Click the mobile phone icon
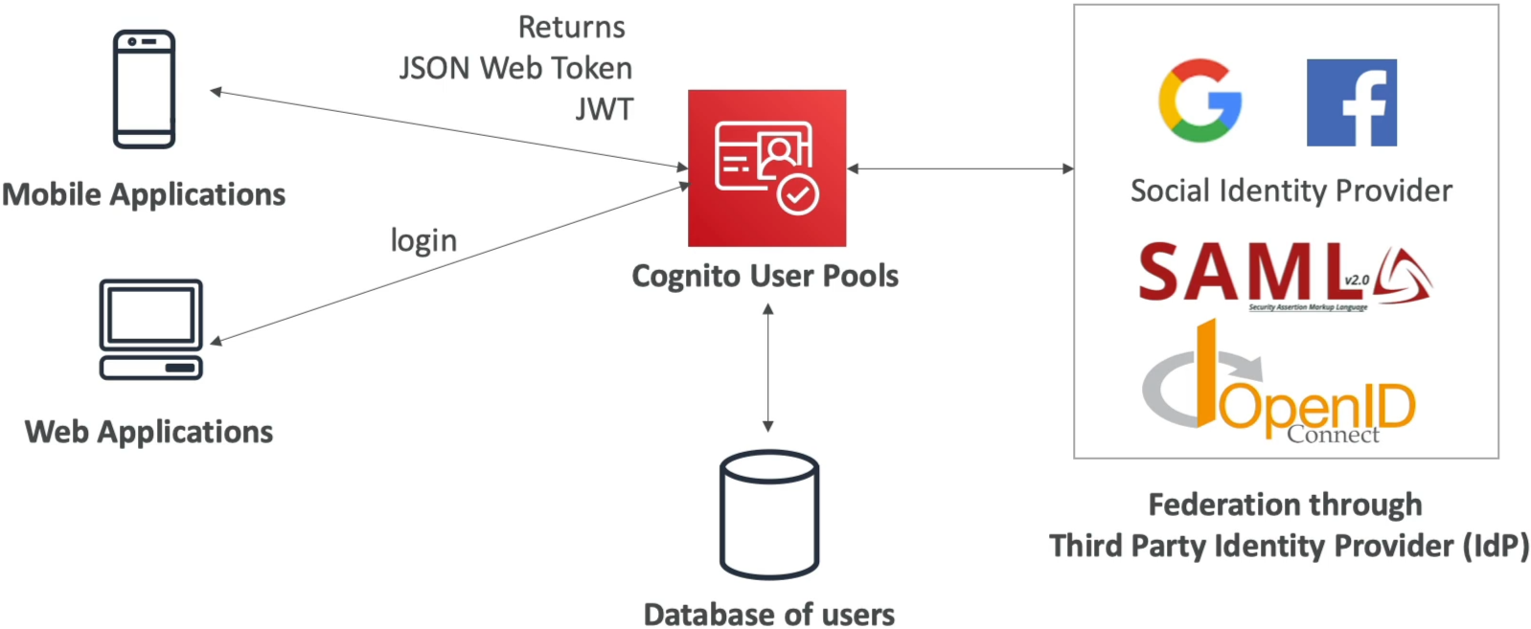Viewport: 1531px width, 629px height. pyautogui.click(x=145, y=89)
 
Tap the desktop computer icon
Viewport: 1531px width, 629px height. pyautogui.click(x=151, y=329)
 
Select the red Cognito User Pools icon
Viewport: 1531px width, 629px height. pyautogui.click(x=766, y=168)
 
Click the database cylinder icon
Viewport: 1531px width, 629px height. pyautogui.click(x=769, y=514)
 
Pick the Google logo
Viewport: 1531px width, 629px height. pyautogui.click(x=1200, y=101)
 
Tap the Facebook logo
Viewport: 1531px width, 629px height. pyautogui.click(x=1351, y=102)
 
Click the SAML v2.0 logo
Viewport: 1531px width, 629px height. pyautogui.click(x=1285, y=277)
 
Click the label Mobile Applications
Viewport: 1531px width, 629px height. pyautogui.click(x=144, y=194)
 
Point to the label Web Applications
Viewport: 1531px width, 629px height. pyautogui.click(x=149, y=433)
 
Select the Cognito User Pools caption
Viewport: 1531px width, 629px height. pyautogui.click(x=765, y=276)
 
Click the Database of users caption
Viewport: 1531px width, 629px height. pyautogui.click(x=769, y=614)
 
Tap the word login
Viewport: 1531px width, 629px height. pyautogui.click(x=423, y=241)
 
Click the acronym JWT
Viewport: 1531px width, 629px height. pyautogui.click(x=605, y=109)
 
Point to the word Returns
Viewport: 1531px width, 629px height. pyautogui.click(x=571, y=28)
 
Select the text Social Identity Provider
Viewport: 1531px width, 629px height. pyautogui.click(x=1291, y=191)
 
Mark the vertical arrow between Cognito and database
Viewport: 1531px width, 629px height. pyautogui.click(x=768, y=368)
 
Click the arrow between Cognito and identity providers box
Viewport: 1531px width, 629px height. pyautogui.click(x=960, y=168)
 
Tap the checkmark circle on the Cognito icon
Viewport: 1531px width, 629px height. pyautogui.click(x=798, y=194)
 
